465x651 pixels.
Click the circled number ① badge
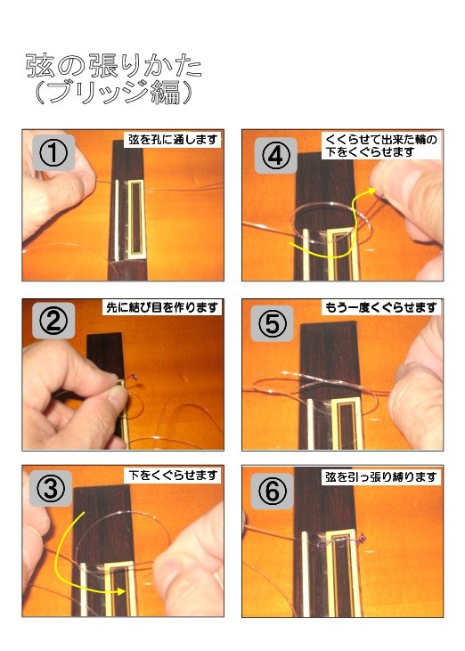53,152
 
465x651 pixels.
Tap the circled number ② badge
53,321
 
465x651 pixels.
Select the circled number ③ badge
51,488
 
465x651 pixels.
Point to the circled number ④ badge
275,156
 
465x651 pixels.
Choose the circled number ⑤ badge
273,323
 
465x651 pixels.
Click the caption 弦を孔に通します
173,139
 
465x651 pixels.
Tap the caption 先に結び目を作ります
162,307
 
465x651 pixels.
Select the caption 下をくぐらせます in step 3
172,475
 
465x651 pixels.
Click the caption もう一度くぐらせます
380,307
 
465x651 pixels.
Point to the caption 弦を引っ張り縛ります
380,477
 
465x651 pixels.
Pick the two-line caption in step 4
380,145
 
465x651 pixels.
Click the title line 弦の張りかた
114,66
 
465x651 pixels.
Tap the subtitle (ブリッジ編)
114,92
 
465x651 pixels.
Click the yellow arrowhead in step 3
122,591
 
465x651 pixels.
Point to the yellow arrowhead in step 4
371,191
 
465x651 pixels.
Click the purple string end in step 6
363,539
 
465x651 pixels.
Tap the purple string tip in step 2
135,377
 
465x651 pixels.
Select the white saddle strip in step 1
117,219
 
